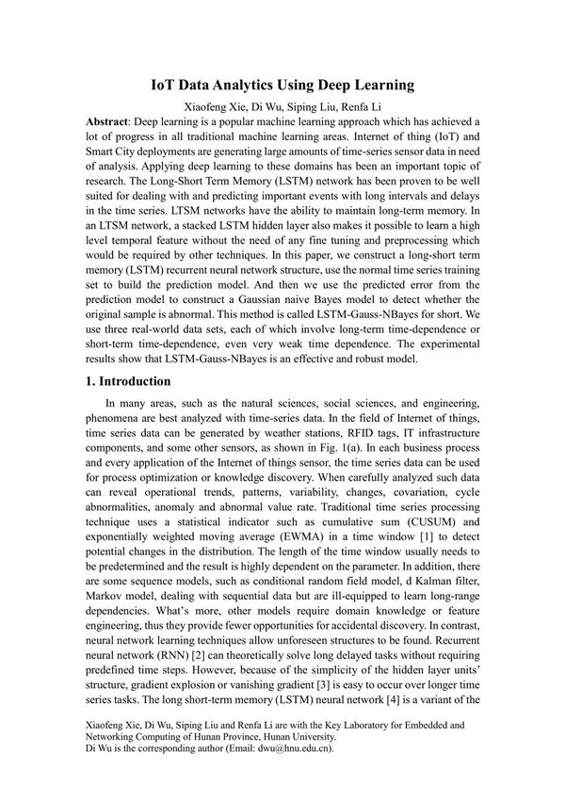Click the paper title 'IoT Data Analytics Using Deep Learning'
(x=282, y=86)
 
